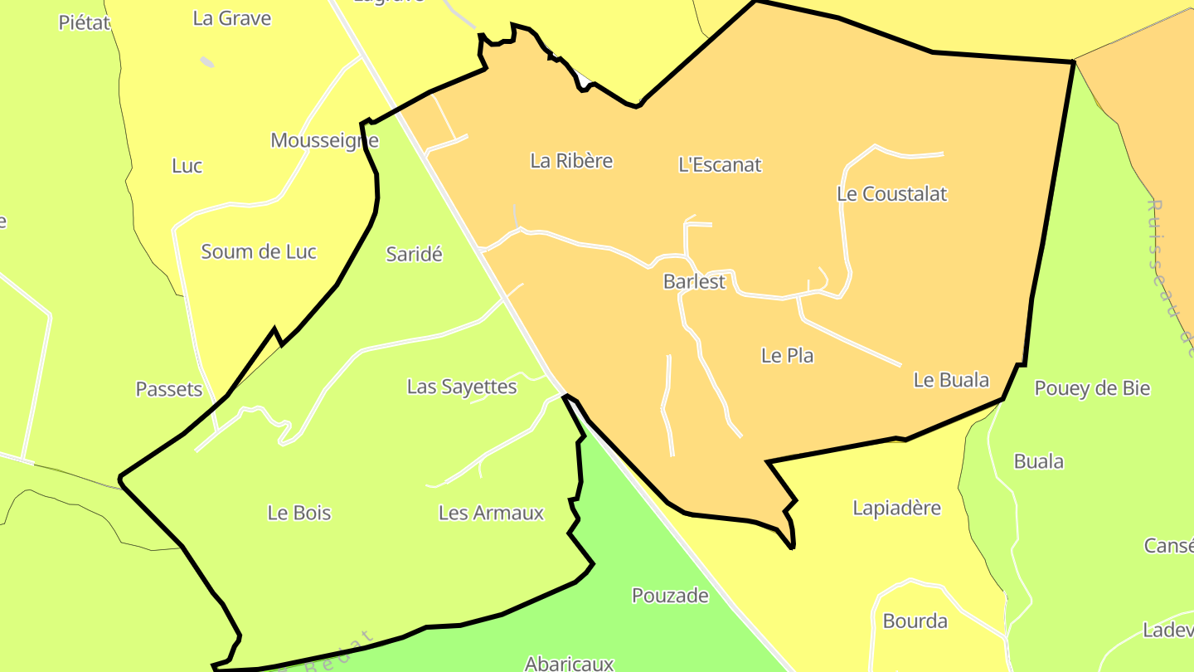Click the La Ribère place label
571,161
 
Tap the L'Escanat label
720,164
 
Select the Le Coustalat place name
891,194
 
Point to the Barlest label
694,282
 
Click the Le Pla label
787,356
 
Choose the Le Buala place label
951,380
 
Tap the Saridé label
414,255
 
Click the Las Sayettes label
462,387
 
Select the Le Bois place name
299,513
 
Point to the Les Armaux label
491,513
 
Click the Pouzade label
670,596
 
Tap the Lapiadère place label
896,508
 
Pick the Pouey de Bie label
1092,388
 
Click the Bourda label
915,621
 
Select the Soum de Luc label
259,252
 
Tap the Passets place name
169,389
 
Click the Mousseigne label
324,141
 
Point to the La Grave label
231,18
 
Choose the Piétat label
85,22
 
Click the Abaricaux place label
569,663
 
